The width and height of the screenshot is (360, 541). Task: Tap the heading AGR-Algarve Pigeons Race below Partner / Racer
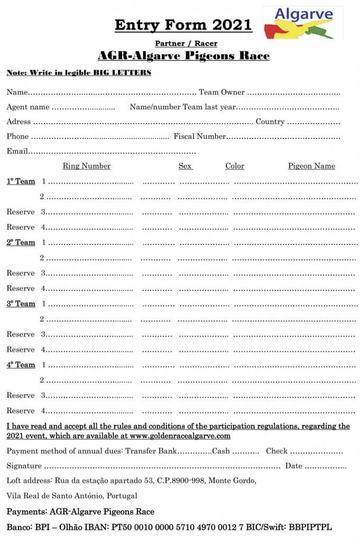pos(183,56)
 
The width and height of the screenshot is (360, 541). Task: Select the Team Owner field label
pos(221,92)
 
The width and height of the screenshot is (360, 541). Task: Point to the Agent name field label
pos(28,107)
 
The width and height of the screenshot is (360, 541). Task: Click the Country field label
pos(270,122)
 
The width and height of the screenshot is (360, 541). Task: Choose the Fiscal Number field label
pos(200,137)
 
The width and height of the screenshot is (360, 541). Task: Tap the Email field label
pos(17,152)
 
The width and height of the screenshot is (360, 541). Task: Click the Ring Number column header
pos(87,166)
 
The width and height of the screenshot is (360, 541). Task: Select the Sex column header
pos(185,166)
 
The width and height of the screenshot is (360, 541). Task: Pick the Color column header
pos(235,166)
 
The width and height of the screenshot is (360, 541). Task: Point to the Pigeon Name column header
pos(311,166)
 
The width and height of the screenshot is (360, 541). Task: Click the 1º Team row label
pos(21,181)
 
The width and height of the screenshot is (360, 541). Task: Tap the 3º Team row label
pos(21,304)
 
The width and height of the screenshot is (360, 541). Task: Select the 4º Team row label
pos(21,365)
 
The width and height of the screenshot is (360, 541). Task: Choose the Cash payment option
pos(220,451)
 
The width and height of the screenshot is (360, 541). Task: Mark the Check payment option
pos(276,451)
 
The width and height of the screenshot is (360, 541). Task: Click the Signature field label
pos(24,466)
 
